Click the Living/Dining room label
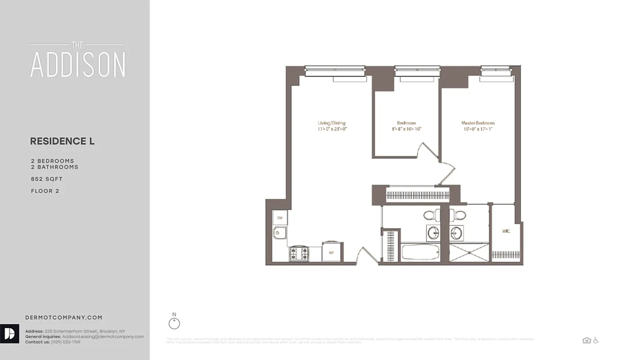(x=331, y=123)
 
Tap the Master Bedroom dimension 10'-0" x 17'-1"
(x=478, y=129)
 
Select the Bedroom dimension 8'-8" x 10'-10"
(x=406, y=129)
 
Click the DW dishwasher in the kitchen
(x=280, y=218)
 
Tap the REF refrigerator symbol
(x=332, y=252)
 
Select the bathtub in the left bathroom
(x=420, y=252)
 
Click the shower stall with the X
(x=469, y=252)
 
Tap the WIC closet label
(x=505, y=231)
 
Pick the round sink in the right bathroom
(x=457, y=233)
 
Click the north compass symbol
(x=174, y=323)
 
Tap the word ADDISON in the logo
(x=78, y=65)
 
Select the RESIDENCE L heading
(x=62, y=141)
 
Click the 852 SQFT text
(x=47, y=179)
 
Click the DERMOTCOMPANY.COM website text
(x=64, y=318)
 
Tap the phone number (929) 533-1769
(x=66, y=342)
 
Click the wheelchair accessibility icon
(x=596, y=341)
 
